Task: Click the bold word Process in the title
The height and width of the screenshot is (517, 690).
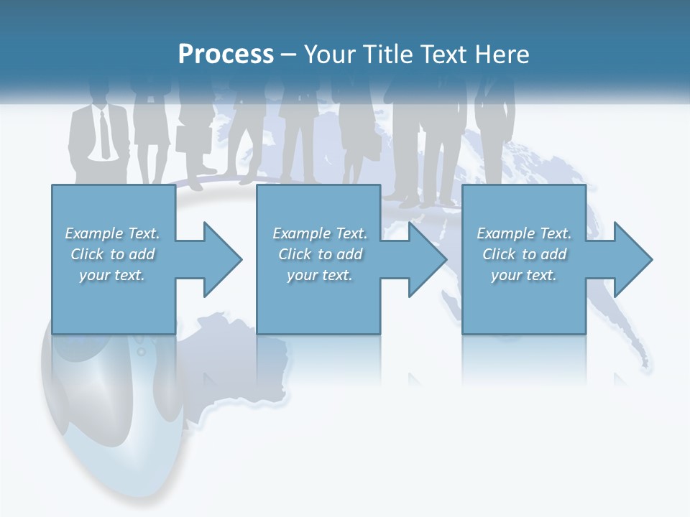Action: (x=226, y=54)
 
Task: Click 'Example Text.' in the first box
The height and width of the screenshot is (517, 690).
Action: (x=112, y=233)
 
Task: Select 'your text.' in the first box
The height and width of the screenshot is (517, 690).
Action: (x=112, y=275)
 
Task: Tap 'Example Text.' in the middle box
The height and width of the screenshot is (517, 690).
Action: (x=320, y=233)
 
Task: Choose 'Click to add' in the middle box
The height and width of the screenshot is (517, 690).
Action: (x=320, y=254)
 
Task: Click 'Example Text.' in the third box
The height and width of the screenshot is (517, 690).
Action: (x=524, y=233)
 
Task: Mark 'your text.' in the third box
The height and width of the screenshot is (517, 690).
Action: (x=524, y=275)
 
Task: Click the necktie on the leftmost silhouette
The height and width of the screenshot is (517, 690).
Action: (x=105, y=133)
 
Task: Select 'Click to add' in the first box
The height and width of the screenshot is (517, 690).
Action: (x=112, y=254)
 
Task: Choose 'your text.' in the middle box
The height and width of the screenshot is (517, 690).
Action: (x=320, y=275)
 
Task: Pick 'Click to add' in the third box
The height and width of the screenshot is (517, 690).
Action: (x=524, y=254)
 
